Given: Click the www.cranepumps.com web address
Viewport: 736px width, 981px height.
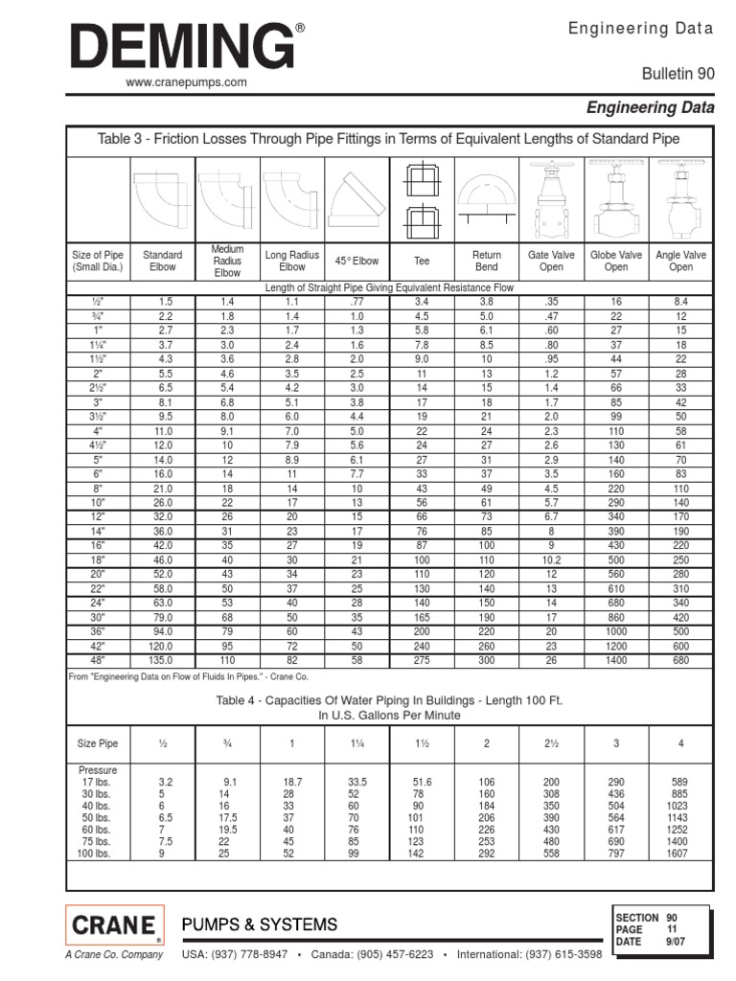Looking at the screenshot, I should pyautogui.click(x=187, y=82).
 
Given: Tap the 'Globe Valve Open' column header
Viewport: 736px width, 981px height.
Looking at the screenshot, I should pyautogui.click(x=616, y=262).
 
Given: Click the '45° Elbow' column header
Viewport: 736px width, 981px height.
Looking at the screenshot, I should pyautogui.click(x=356, y=262).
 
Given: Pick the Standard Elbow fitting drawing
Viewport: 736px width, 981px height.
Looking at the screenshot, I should pyautogui.click(x=162, y=198).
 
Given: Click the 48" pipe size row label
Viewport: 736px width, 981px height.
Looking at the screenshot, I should pyautogui.click(x=98, y=661).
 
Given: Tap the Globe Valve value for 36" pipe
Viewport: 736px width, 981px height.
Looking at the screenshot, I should pyautogui.click(x=616, y=633).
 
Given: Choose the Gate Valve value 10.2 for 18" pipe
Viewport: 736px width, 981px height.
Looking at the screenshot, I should pyautogui.click(x=551, y=559).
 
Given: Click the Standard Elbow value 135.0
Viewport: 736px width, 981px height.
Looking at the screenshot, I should pyautogui.click(x=163, y=661).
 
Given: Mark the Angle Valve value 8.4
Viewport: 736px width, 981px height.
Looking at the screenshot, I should pyautogui.click(x=680, y=301).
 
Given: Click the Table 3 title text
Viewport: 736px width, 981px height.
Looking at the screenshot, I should pyautogui.click(x=389, y=139).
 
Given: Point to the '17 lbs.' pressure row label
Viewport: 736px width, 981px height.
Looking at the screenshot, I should pyautogui.click(x=98, y=782).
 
